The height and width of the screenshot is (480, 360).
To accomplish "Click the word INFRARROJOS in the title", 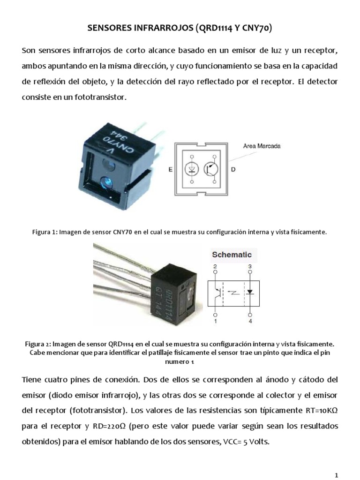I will tap(159, 29).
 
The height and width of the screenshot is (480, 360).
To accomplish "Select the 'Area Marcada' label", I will tap(261, 146).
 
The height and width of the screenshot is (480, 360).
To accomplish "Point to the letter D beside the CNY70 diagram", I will tap(234, 168).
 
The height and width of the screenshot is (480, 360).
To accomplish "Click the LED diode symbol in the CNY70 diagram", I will tap(192, 168).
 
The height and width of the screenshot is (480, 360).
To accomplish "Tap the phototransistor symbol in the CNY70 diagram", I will tap(212, 168).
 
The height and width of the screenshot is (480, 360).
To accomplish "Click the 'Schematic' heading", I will tap(232, 255).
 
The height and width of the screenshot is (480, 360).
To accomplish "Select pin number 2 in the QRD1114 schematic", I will tap(215, 267).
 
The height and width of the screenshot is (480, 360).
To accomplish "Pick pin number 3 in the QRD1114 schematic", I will tap(250, 267).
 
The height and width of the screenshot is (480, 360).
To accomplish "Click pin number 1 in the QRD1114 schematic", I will tap(215, 322).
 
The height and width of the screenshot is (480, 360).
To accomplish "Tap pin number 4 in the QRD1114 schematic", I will tap(250, 322).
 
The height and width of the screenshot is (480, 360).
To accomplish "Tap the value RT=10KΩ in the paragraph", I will tap(318, 411).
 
